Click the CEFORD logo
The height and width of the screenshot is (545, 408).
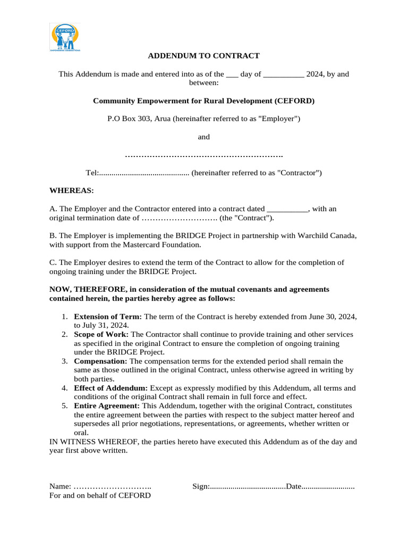click(x=65, y=37)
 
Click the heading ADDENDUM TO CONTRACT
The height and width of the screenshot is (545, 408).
click(x=203, y=55)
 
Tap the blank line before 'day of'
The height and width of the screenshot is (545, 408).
click(x=232, y=75)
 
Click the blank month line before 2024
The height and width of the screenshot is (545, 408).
click(x=284, y=75)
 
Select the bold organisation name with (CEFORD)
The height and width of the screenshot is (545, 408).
click(x=204, y=101)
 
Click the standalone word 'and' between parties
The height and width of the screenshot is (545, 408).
click(x=204, y=137)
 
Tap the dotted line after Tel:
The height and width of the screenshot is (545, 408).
click(x=144, y=173)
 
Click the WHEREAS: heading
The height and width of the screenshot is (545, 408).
click(x=71, y=190)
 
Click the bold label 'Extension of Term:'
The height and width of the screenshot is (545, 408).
click(x=108, y=316)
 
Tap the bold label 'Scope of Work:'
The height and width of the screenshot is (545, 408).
click(x=101, y=334)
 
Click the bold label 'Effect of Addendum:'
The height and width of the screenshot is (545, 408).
click(x=111, y=389)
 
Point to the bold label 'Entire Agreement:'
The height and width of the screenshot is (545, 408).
click(x=107, y=406)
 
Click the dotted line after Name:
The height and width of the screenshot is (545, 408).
click(x=112, y=486)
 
